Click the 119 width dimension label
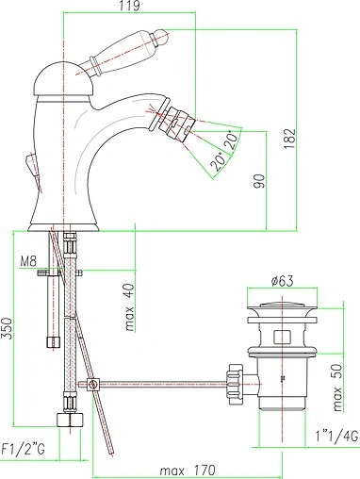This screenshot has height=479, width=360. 130,6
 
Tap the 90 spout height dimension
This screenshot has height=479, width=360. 259,181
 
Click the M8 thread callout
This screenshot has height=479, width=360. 28,261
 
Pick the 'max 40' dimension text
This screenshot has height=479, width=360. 130,307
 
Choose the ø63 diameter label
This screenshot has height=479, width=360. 282,281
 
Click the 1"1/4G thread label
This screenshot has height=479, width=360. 336,437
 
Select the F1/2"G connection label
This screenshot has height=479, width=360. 24,449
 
